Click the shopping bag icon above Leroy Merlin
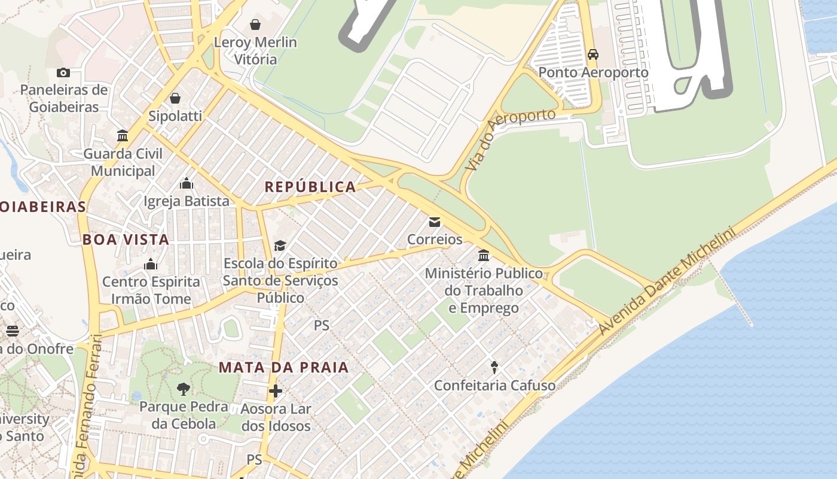coord(255,25)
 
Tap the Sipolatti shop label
coord(175,116)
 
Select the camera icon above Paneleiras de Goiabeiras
coord(63,73)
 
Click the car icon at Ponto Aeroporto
coord(592,54)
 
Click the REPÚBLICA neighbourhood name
coord(310,187)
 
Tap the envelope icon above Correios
coord(435,222)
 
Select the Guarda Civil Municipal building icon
coord(123,136)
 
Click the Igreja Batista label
coord(187,201)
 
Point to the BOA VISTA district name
coord(126,239)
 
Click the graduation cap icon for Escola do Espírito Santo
coord(280,245)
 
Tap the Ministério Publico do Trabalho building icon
coord(484,256)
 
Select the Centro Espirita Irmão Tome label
coord(151,290)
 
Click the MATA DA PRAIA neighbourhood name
coord(283,367)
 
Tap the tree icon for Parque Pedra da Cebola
coord(184,389)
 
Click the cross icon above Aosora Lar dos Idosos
coord(276,391)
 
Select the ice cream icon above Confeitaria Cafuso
coord(494,366)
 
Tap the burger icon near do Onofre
coord(13,331)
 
